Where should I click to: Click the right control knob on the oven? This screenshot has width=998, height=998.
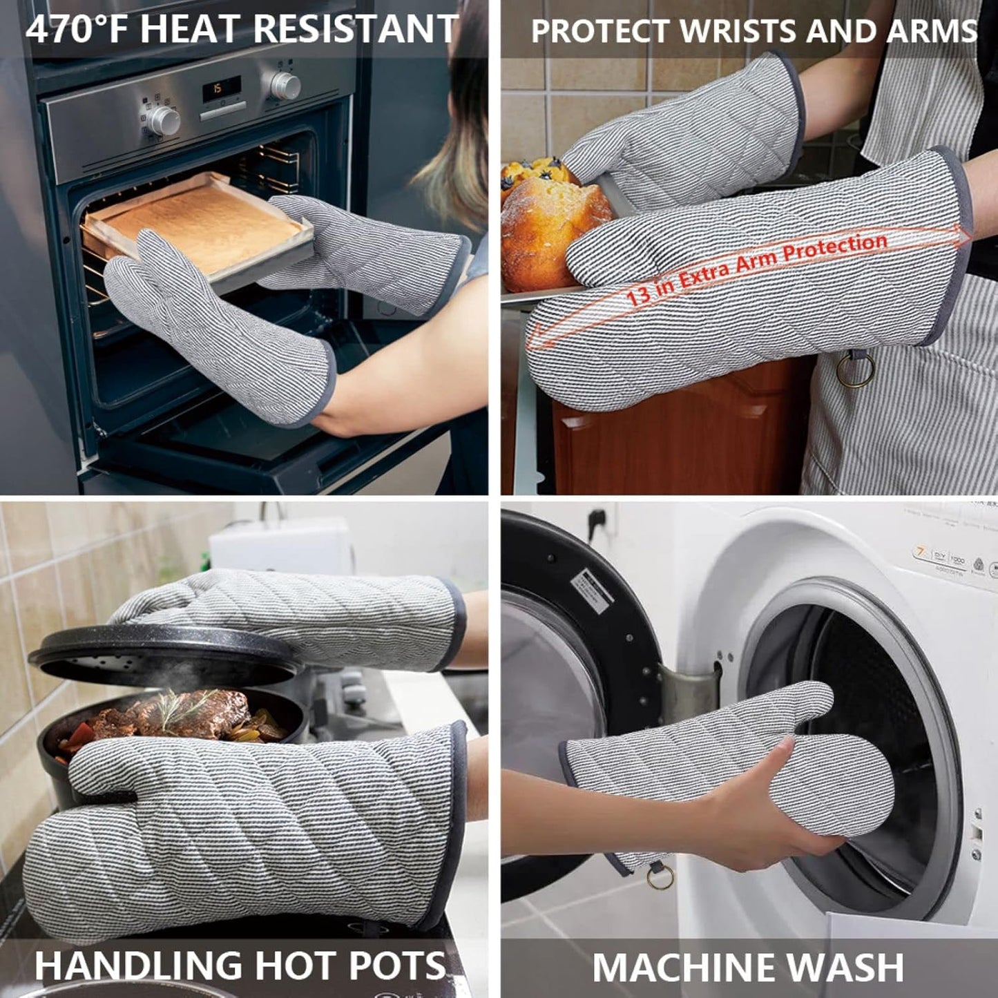(285, 86)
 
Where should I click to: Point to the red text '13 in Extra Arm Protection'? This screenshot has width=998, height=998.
(756, 269)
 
